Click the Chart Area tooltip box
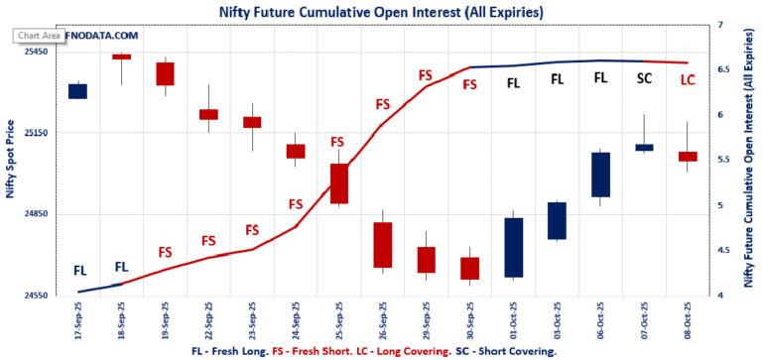[40, 36]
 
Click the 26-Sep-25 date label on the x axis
[382, 324]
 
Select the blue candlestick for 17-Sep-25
[77, 91]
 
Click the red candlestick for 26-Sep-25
[382, 245]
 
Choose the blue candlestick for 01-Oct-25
[513, 247]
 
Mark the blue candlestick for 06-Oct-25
[600, 175]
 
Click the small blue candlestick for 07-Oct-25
[644, 148]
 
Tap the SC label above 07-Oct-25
[644, 78]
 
